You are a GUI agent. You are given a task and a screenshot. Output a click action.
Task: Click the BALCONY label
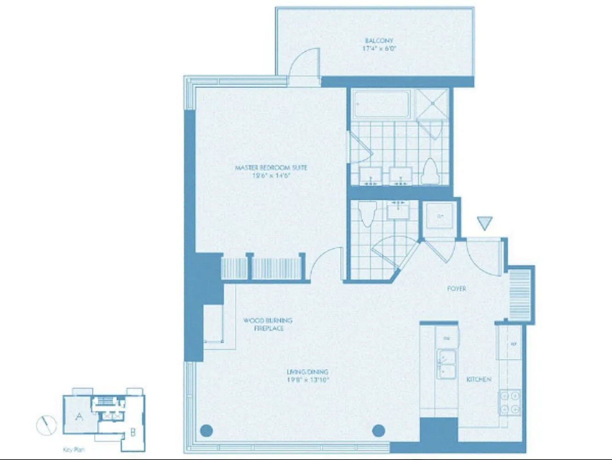tap(379, 40)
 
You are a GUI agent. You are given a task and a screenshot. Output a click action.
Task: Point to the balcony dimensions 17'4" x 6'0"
tap(379, 48)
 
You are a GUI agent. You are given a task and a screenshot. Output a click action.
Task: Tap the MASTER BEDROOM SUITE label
tap(271, 167)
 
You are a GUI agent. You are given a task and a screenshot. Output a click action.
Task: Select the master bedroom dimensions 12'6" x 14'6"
tap(271, 175)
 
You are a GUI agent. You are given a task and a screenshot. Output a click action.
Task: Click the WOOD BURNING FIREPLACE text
tap(268, 324)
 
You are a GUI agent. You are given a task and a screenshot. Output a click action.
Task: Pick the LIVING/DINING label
tap(307, 372)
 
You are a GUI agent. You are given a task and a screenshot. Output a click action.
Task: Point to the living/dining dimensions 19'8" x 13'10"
tap(307, 379)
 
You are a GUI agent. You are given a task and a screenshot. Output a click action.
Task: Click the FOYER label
tap(456, 288)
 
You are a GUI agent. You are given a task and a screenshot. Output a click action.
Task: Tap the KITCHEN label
tap(479, 379)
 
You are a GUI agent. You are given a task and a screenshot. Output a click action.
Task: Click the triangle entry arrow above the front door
tap(485, 223)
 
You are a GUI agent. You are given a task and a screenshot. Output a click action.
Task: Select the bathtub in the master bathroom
tap(382, 104)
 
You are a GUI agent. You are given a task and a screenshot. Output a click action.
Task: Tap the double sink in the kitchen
tap(446, 364)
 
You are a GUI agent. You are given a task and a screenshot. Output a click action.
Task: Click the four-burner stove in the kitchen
tap(509, 402)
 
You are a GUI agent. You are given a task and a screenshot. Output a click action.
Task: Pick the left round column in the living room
tap(206, 431)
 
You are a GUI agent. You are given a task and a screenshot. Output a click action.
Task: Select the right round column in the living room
tap(378, 431)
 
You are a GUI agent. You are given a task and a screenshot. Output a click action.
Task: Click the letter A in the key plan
tap(79, 417)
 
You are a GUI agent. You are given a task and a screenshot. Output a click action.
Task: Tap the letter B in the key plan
tap(133, 432)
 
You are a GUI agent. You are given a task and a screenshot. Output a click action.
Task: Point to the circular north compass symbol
tap(46, 425)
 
